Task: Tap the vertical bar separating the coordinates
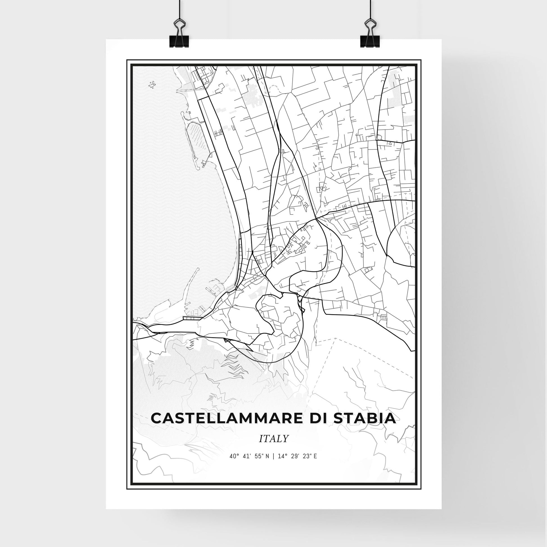tap(273, 464)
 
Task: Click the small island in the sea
tap(152, 84)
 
